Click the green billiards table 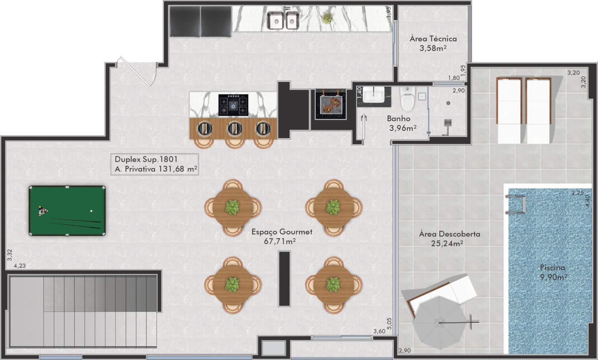(67, 211)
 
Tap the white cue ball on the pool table (91, 211)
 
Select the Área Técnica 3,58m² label (433, 43)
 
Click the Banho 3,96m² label (401, 123)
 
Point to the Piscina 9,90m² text (553, 272)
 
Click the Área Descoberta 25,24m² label (449, 238)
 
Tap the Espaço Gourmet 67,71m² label (282, 236)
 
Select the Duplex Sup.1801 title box (155, 164)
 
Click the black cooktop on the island (233, 105)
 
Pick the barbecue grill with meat (330, 104)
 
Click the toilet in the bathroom (408, 98)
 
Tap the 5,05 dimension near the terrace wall (389, 324)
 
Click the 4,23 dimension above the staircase (20, 266)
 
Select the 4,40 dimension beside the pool (587, 200)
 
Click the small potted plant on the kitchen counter (326, 19)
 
